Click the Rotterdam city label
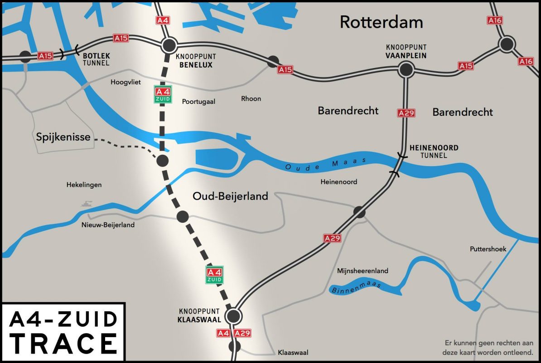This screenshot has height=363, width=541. point(381,22)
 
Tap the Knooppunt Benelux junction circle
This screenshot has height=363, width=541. point(169,45)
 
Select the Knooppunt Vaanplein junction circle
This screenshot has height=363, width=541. point(406,69)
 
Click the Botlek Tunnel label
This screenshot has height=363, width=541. point(96,59)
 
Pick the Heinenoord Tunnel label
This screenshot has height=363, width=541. point(434,152)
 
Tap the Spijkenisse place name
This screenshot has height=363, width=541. point(63,136)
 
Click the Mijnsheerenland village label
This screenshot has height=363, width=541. point(362,271)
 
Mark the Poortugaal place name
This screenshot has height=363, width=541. point(198,101)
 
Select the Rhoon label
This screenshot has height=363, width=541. point(251,98)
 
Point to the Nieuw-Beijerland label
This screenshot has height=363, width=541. point(108,225)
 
